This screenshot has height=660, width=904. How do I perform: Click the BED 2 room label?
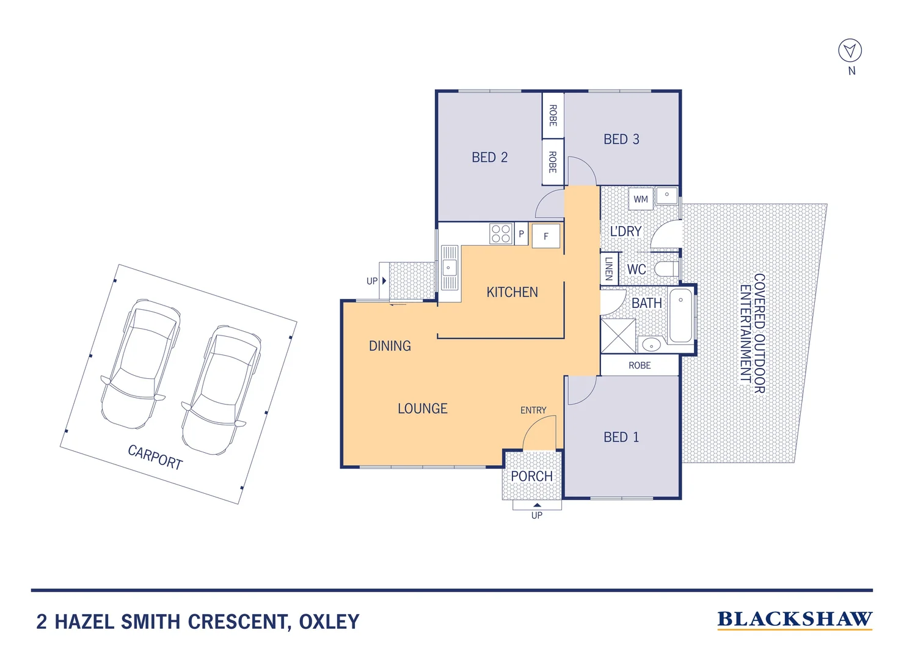(x=489, y=158)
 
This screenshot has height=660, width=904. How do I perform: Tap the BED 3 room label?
(x=621, y=139)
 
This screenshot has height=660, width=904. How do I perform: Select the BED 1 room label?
(x=621, y=437)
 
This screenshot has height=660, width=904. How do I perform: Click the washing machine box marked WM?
(x=641, y=199)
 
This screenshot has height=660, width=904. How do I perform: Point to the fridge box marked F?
(x=546, y=236)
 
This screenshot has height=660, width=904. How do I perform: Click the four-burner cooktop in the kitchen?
(x=501, y=233)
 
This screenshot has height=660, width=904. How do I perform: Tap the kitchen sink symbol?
(x=450, y=268)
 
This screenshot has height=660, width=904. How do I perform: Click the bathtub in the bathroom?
(x=680, y=315)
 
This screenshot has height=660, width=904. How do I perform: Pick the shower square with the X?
(x=618, y=335)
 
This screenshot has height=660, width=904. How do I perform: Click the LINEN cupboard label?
(x=609, y=269)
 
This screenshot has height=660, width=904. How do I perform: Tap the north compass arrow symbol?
(x=850, y=51)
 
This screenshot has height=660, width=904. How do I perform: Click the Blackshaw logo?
(x=795, y=620)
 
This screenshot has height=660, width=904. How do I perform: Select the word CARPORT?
(x=155, y=457)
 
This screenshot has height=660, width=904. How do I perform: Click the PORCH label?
(x=531, y=476)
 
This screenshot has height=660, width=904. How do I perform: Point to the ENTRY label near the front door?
(x=533, y=410)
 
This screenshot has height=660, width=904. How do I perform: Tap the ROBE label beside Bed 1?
(x=640, y=365)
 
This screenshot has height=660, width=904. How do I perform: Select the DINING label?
(x=390, y=346)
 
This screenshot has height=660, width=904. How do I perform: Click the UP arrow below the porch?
(x=537, y=506)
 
